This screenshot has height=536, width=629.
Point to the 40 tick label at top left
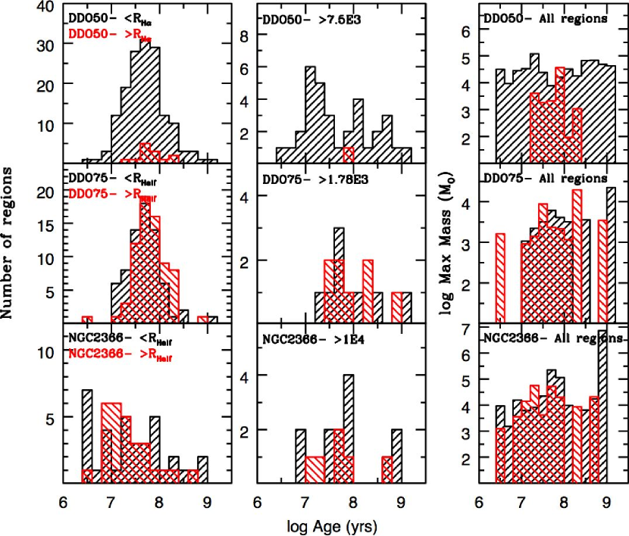(46, 7)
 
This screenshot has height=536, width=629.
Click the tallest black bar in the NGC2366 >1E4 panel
(348, 428)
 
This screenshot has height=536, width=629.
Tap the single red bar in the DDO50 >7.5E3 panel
(348, 154)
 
